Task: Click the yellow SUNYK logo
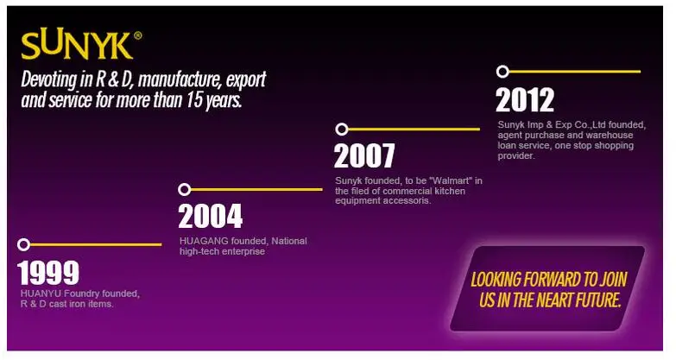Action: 77,45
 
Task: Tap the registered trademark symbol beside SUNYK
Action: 137,35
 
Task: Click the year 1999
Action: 48,273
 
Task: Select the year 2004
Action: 211,216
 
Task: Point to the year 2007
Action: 364,155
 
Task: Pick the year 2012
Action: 525,100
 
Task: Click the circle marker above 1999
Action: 23,244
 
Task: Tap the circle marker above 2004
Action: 185,189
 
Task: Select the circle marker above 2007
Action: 342,129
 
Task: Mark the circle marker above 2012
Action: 502,72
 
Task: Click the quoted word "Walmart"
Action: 452,180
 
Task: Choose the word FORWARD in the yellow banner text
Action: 546,280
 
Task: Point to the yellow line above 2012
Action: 575,72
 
